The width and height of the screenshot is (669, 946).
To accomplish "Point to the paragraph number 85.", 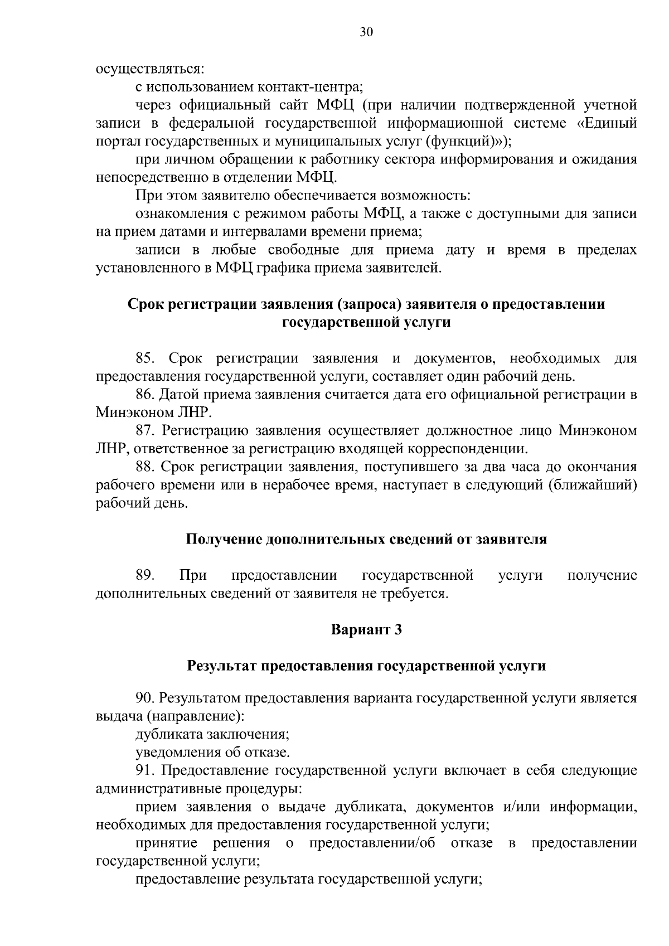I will pos(147,358).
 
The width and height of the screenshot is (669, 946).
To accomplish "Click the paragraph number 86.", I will pos(147,395).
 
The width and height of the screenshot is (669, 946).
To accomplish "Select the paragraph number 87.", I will pos(147,431).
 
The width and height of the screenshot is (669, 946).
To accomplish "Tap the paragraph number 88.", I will pos(147,467).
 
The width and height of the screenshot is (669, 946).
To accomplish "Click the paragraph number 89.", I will pos(146,575).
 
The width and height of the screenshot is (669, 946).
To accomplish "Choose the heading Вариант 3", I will pos(366,630).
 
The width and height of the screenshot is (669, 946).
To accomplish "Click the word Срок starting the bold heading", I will pos(147,304).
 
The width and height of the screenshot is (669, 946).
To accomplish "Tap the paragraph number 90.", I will pos(146,698).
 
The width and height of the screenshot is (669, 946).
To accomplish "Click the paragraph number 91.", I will pos(146,771).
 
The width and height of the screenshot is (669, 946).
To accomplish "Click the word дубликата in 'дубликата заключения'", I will pos(164,734).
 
